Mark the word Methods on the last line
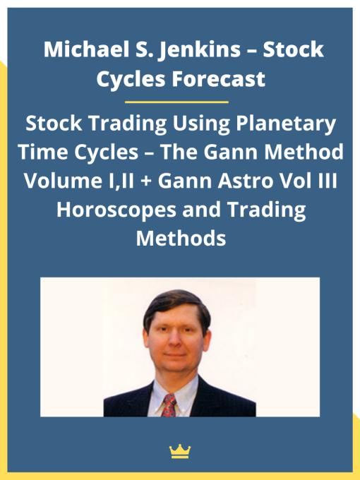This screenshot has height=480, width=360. click(180, 239)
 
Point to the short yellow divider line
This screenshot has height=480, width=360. click(180, 102)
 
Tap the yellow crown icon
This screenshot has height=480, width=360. click(180, 451)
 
